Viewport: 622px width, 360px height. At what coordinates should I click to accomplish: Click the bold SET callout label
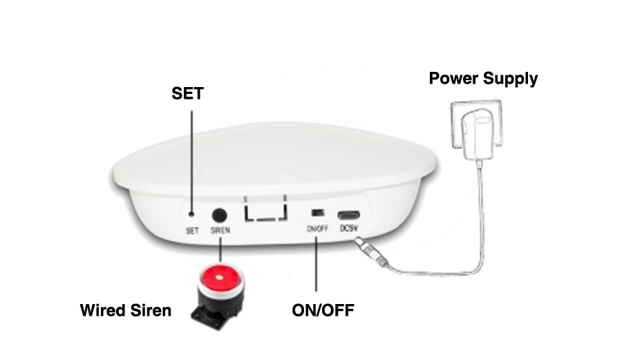[187, 93]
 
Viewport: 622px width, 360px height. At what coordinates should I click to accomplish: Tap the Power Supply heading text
[483, 78]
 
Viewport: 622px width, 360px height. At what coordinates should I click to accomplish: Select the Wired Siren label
[125, 310]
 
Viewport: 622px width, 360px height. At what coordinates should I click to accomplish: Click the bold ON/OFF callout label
[323, 310]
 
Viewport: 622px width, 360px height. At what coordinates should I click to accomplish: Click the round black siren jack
[219, 215]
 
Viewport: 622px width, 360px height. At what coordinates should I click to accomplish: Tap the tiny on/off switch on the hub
[317, 214]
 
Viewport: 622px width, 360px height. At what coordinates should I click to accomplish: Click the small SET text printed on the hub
[192, 231]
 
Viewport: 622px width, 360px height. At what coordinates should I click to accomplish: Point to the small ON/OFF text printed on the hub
[317, 229]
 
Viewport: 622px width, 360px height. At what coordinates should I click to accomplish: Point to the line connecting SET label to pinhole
[191, 159]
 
